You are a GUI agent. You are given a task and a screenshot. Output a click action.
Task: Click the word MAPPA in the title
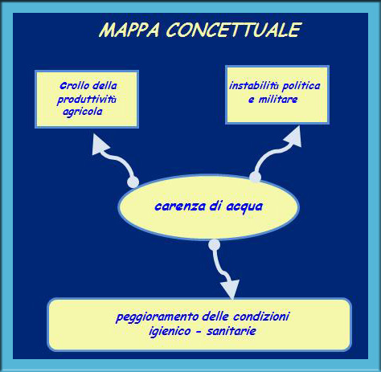[129, 30]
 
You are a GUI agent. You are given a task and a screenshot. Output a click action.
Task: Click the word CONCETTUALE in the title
[234, 29]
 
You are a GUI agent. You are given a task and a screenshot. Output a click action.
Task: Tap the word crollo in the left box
[75, 86]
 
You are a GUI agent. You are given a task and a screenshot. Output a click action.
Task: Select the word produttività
[87, 100]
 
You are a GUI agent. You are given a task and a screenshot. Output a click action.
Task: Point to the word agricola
[83, 112]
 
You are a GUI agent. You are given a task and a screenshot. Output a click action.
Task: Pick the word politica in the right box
[301, 86]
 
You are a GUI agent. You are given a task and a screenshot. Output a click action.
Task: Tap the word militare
[278, 100]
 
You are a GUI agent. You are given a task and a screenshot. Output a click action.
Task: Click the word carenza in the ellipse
[180, 206]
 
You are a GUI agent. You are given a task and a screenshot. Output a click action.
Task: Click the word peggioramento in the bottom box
[158, 317]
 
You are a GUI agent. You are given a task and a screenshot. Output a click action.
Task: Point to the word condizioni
[261, 317]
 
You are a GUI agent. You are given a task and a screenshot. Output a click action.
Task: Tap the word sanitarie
[231, 331]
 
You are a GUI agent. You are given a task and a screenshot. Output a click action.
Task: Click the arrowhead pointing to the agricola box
[99, 146]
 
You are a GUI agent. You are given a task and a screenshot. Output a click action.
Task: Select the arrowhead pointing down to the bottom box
[230, 288]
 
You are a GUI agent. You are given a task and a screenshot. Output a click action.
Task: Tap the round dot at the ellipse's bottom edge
[214, 244]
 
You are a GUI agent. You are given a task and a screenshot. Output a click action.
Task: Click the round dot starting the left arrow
[133, 182]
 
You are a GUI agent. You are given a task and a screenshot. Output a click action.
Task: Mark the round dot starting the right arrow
[255, 177]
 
